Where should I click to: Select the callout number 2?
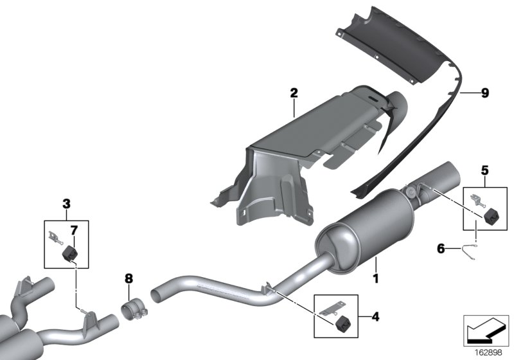pyautogui.click(x=294, y=93)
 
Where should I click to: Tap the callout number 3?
pyautogui.click(x=66, y=204)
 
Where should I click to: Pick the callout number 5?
pyautogui.click(x=484, y=170)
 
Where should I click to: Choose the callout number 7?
pyautogui.click(x=74, y=229)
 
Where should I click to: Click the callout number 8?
pyautogui.click(x=128, y=278)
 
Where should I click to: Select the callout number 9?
pyautogui.click(x=484, y=93)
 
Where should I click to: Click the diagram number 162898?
pyautogui.click(x=488, y=351)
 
